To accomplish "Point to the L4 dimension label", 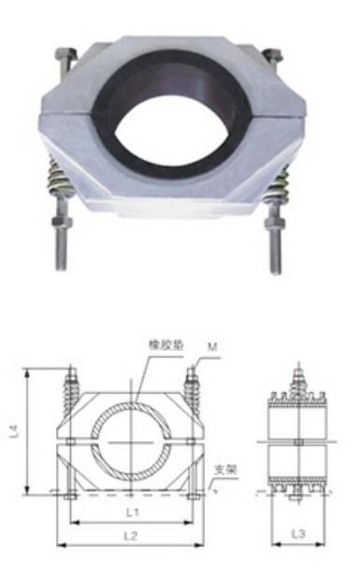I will [x=13, y=432].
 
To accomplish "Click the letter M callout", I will [x=213, y=346].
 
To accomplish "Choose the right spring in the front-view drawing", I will [x=193, y=389].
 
